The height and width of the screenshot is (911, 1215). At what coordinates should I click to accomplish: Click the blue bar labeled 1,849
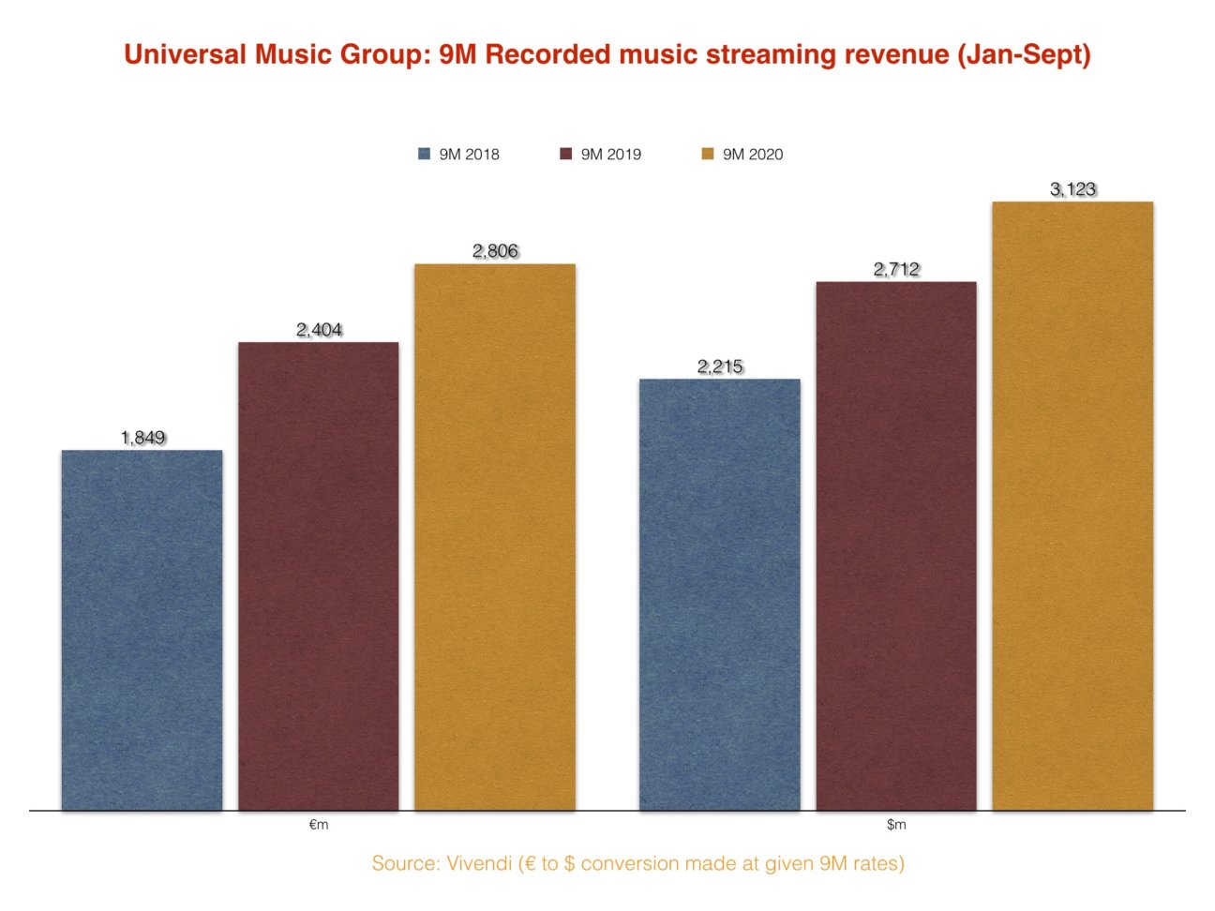(x=142, y=630)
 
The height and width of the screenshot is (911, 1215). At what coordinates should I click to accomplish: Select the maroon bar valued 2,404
(x=318, y=575)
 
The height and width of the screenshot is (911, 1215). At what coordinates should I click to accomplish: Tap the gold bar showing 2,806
(x=495, y=536)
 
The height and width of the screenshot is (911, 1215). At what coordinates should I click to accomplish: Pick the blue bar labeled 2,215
(x=719, y=594)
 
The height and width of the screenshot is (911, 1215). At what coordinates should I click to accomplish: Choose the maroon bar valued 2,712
(x=895, y=545)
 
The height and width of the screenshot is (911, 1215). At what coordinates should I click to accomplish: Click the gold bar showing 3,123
(x=1072, y=505)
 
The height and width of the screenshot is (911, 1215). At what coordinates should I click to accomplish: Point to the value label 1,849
(x=142, y=438)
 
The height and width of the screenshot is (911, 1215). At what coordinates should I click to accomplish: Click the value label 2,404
(x=319, y=330)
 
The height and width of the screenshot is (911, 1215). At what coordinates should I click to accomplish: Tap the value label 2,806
(x=495, y=251)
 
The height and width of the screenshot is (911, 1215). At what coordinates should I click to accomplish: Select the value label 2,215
(x=720, y=366)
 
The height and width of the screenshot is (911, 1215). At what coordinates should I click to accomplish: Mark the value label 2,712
(x=896, y=270)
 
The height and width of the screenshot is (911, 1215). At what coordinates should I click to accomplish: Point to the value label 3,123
(x=1072, y=189)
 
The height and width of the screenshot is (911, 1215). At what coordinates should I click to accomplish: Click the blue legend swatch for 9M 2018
(x=425, y=155)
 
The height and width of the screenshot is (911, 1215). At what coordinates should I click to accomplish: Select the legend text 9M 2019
(x=610, y=155)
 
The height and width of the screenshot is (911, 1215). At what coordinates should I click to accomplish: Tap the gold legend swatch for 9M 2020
(x=708, y=155)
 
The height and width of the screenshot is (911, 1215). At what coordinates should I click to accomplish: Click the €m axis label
(x=319, y=826)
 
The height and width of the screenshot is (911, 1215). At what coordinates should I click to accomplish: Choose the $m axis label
(x=896, y=826)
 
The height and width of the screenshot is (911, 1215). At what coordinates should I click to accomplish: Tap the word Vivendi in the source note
(x=480, y=863)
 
